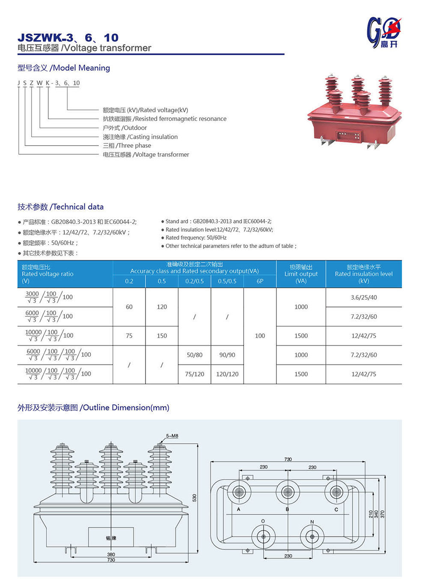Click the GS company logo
(384, 32)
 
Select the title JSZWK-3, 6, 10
(68, 38)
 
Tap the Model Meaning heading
(64, 68)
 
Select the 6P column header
(260, 281)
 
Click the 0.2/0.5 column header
(194, 281)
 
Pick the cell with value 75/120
(194, 374)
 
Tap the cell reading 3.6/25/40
(364, 297)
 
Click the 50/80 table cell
(194, 355)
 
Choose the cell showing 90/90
(227, 355)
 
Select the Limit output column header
(301, 274)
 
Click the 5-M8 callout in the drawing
(172, 436)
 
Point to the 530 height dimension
(194, 498)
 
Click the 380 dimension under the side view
(111, 554)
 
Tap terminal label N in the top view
(312, 522)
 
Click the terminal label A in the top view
(238, 510)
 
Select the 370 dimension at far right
(383, 514)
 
